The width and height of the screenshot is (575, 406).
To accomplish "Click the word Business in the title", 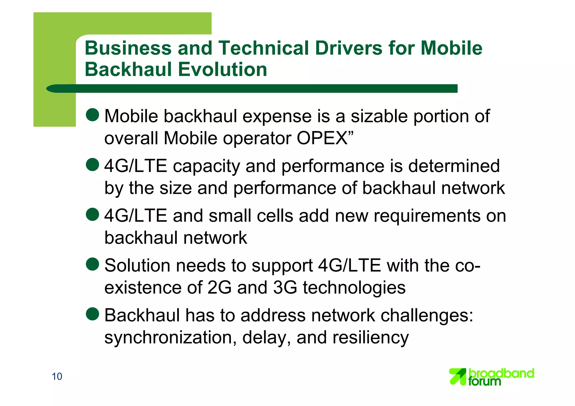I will point(128,48).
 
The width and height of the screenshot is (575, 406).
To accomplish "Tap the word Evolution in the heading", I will point(222,70).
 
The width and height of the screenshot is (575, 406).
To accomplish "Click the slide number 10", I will point(57,377).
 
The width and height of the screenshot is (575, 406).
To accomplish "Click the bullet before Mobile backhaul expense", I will point(92,114).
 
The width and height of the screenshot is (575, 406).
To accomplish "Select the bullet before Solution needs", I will point(92,264).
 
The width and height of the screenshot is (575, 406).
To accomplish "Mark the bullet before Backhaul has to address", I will point(92,314).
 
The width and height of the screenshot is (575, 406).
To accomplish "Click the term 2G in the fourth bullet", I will point(219,288).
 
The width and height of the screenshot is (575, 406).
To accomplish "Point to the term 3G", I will point(285,288).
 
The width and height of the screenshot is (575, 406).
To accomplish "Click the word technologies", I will point(354,288).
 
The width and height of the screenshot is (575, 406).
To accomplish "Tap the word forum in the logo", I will point(484,382).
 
